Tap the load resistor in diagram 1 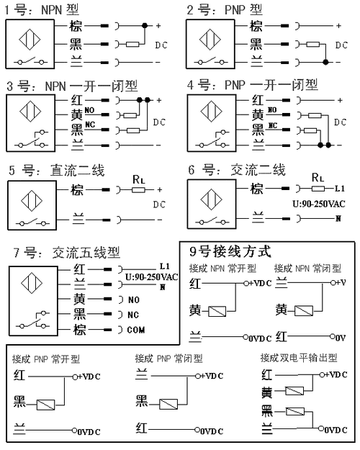click(132, 44)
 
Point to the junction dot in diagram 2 click(326, 62)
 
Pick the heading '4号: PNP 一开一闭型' click(252, 84)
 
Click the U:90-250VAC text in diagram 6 click(320, 203)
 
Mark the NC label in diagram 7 click(133, 314)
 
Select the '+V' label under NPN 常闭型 click(338, 282)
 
